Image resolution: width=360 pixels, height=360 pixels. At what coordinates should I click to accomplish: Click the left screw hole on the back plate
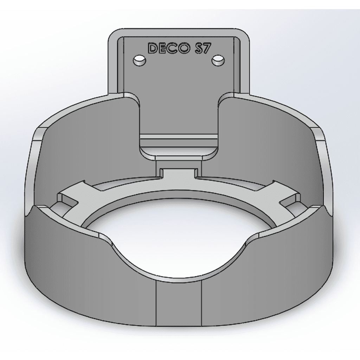[x=139, y=60]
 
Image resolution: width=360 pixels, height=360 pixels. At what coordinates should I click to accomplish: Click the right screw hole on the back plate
[x=218, y=60]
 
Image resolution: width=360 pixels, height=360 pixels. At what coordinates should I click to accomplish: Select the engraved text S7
[x=202, y=49]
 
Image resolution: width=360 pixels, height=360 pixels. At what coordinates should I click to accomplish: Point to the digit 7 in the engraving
[x=206, y=49]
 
